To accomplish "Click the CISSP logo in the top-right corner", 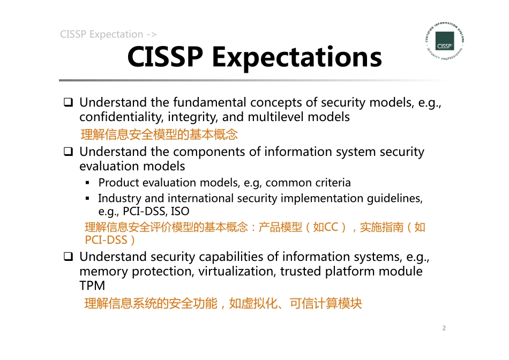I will point(444,41).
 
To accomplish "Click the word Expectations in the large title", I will point(297,57).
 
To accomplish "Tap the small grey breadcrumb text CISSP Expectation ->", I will point(108,34).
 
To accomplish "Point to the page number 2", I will point(444,328).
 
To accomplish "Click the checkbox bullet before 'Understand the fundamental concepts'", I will point(69,102).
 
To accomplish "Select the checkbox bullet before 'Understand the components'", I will point(69,152).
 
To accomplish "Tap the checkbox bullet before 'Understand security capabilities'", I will point(69,257).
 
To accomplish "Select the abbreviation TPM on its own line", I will point(92,286).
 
